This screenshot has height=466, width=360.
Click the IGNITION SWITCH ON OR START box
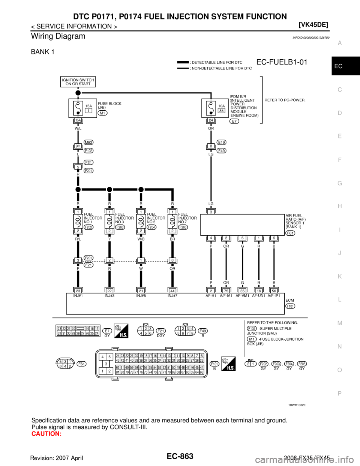point(78,82)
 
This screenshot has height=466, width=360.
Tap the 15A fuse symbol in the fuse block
point(78,108)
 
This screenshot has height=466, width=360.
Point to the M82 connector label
point(88,143)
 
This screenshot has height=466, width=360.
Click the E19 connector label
point(221,143)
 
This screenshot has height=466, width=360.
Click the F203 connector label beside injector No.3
point(120,227)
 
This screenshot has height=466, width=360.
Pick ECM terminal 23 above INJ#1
point(78,290)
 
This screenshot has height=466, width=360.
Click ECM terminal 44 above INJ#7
point(172,290)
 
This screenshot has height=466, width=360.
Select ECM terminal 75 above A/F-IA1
point(226,290)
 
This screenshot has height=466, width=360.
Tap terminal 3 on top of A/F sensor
point(211,212)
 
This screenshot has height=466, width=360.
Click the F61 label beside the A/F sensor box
point(290,233)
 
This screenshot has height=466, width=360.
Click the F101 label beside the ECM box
point(290,306)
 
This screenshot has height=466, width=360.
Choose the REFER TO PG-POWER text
point(285,100)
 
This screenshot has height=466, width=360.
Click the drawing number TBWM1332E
point(297,405)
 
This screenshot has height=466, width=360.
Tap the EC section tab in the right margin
point(339,66)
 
